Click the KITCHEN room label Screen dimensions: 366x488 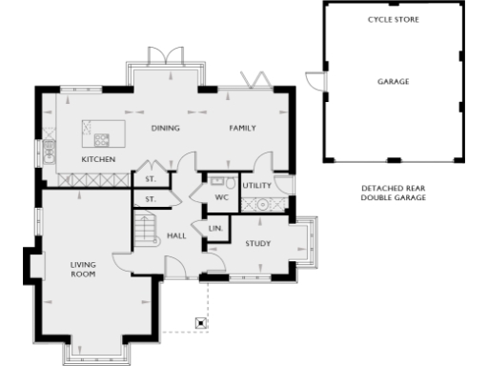[x=98, y=159]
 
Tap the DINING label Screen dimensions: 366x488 [x=166, y=128]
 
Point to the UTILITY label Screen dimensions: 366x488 [x=257, y=185]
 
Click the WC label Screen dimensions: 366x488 [x=221, y=197]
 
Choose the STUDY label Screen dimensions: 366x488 [x=258, y=244]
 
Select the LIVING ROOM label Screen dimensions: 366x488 [x=84, y=270]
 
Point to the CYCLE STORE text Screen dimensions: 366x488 [x=388, y=19]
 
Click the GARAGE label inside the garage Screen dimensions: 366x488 [x=393, y=82]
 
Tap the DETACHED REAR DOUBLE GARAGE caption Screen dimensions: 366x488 [x=393, y=193]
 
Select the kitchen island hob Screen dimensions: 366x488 [x=101, y=139]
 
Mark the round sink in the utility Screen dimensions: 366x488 [x=262, y=204]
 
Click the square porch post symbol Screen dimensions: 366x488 [x=201, y=322]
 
